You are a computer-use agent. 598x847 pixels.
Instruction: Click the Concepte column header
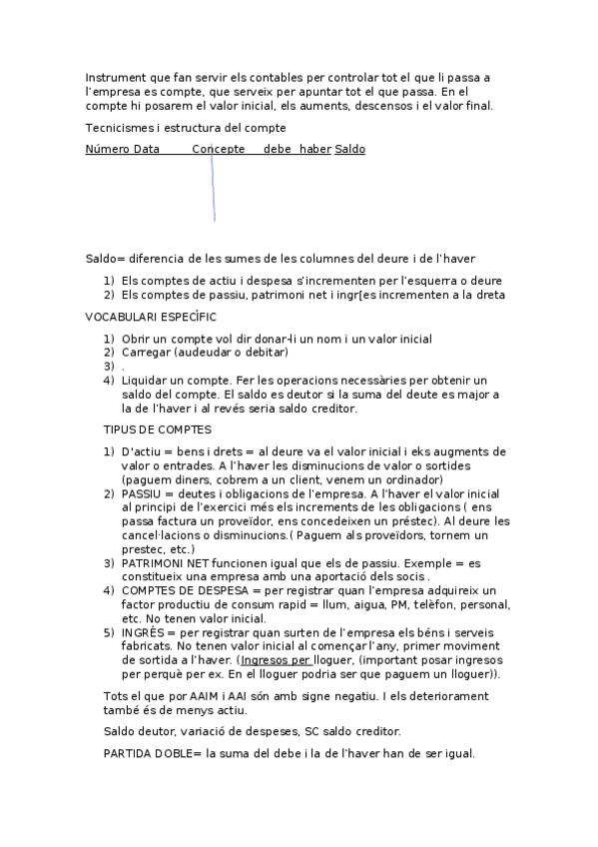tap(219, 150)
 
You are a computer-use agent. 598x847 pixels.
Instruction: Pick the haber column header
tap(314, 150)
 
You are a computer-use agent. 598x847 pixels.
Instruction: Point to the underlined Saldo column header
tap(349, 150)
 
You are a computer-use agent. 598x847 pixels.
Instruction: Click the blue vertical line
tap(213, 190)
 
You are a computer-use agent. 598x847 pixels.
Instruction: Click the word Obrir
tap(137, 339)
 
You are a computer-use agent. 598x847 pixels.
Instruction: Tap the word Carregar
tap(147, 353)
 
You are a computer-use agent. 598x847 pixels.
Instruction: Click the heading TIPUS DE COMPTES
tap(157, 429)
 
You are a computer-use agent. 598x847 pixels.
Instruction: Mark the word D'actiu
tap(141, 451)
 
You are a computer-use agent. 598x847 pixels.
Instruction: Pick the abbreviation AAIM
tap(206, 695)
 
